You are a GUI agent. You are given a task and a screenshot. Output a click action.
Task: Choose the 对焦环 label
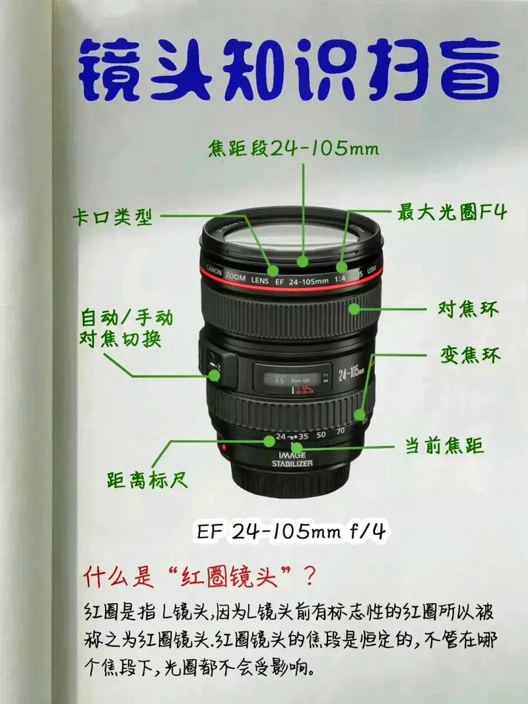(468, 308)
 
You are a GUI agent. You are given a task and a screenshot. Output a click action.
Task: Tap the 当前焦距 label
(445, 446)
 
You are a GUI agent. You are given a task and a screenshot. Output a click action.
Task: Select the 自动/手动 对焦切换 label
(126, 329)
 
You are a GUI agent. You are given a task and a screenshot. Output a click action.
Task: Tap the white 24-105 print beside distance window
(351, 374)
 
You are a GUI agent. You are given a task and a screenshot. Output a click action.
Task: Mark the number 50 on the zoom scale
(321, 435)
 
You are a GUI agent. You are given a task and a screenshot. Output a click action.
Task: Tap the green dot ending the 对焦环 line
(356, 307)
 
